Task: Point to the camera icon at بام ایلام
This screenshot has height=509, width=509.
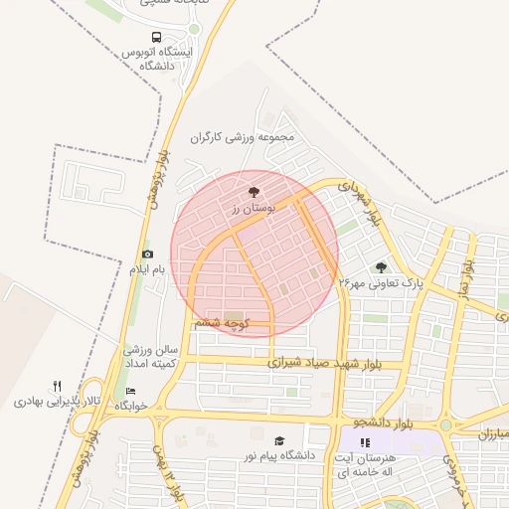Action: [148, 254]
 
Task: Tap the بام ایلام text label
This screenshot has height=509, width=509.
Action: [145, 269]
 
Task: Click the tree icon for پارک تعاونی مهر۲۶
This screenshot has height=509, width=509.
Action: [381, 267]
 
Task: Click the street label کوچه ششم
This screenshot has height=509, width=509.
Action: [222, 323]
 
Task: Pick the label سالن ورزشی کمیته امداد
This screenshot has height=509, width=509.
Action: [149, 358]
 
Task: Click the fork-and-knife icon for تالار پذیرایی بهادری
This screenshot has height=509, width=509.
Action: [57, 386]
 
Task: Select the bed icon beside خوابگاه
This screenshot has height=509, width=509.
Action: [131, 391]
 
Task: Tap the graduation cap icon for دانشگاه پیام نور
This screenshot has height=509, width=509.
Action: [279, 439]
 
